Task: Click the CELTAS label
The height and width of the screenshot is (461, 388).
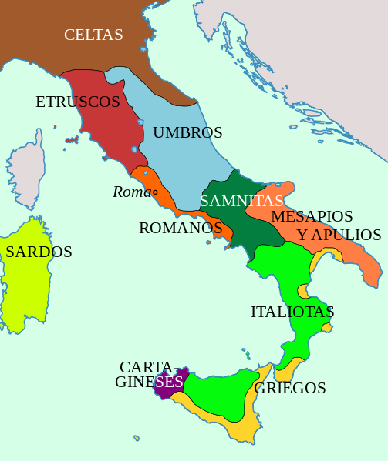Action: tap(93, 35)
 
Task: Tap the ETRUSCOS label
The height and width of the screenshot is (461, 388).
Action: tap(78, 102)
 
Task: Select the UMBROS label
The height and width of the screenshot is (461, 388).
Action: tap(187, 132)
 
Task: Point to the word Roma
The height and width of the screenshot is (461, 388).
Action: tap(130, 192)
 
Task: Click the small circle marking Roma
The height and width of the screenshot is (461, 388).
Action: tap(154, 192)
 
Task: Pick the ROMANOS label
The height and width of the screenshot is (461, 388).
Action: tap(181, 228)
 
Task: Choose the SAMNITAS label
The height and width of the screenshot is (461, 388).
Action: tap(241, 201)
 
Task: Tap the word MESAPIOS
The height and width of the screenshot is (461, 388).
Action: tap(312, 216)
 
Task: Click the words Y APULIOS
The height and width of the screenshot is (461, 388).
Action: tap(339, 235)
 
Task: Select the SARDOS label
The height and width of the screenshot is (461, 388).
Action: tap(39, 252)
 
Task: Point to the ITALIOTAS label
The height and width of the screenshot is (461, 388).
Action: tap(292, 312)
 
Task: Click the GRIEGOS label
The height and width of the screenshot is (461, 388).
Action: tap(290, 388)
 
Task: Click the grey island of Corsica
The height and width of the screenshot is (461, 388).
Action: tap(25, 173)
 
